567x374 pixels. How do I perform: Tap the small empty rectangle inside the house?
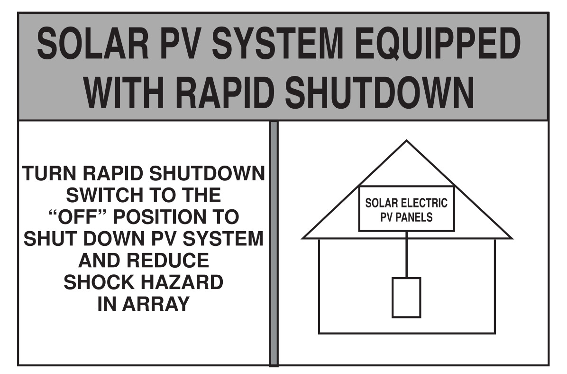pyautogui.click(x=406, y=298)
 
